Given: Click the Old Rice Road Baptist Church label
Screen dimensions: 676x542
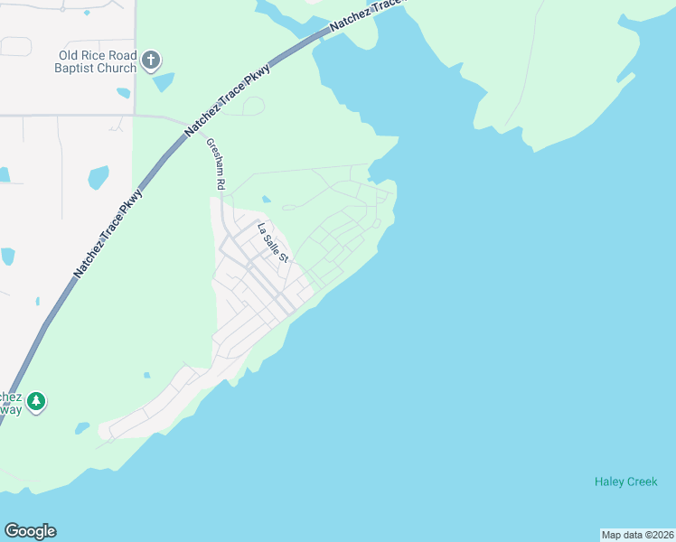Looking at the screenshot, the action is pos(95,61).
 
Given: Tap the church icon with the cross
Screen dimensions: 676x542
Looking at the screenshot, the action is pos(151,61).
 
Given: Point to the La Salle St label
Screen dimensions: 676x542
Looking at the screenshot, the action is pos(272,243).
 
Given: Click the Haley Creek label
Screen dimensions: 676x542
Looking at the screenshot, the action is pos(625,481).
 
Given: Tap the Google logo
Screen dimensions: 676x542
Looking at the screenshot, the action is pos(30,531).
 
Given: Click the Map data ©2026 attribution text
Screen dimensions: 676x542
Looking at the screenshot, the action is pos(638,535).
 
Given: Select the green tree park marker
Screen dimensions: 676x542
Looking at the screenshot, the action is pos(35,401).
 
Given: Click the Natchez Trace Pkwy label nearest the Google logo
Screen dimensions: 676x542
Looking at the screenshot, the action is pos(108,233).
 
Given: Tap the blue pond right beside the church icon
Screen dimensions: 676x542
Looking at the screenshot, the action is pos(164,82).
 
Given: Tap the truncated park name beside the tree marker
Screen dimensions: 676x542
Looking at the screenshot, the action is pos(10,403).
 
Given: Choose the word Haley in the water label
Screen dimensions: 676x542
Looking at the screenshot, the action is pos(609,481).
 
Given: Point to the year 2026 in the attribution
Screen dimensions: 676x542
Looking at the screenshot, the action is pos(660,535).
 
